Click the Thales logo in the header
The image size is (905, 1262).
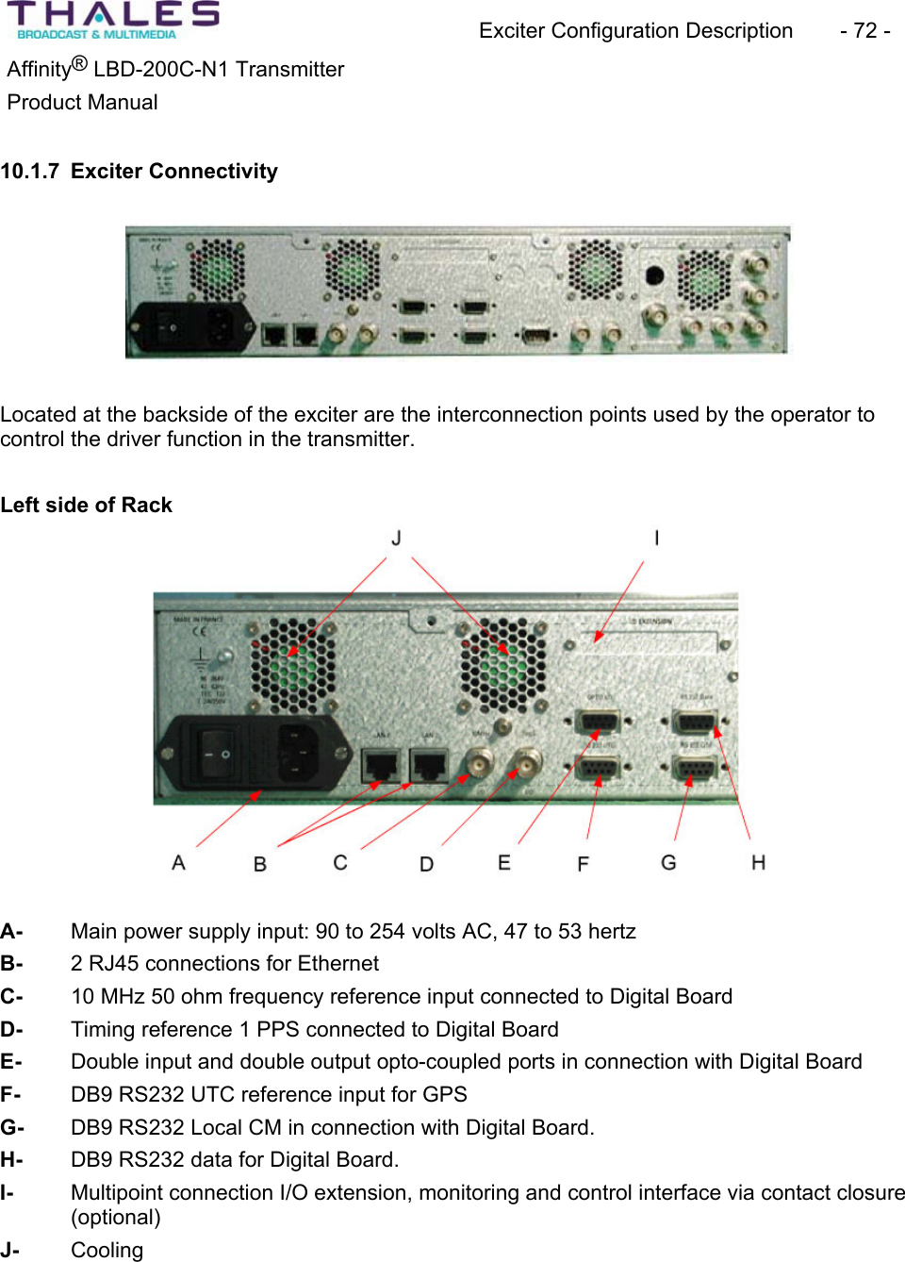click(x=113, y=20)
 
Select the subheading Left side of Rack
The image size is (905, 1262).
click(x=87, y=505)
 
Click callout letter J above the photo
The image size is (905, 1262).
click(x=397, y=538)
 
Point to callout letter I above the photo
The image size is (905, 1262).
click(x=656, y=538)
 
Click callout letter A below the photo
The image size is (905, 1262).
click(x=178, y=862)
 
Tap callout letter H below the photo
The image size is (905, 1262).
click(x=758, y=862)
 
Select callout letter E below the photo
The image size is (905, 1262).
click(x=504, y=862)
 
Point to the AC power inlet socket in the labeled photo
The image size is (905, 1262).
click(x=298, y=753)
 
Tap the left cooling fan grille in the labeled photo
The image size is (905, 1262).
click(x=293, y=665)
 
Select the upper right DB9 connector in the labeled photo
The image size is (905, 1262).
click(x=696, y=723)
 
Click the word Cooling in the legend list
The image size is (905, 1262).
click(x=107, y=1250)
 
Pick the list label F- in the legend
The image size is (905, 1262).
click(x=11, y=1094)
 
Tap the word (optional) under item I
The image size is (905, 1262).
click(x=116, y=1217)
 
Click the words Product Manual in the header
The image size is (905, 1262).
click(x=83, y=102)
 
